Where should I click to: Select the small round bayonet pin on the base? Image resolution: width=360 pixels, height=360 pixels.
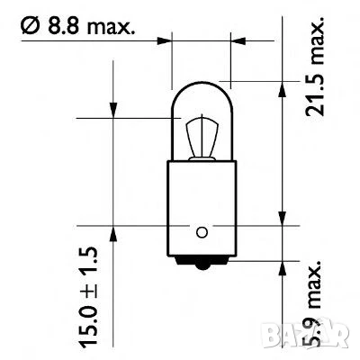[x=201, y=231]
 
